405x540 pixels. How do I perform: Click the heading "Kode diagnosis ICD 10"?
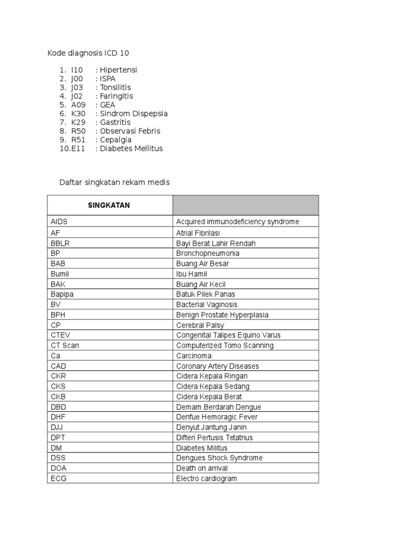(x=88, y=53)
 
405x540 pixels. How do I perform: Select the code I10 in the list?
(x=77, y=70)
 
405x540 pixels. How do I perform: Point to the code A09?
(x=78, y=104)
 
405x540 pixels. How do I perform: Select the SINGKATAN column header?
(x=109, y=205)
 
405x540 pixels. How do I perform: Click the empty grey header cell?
(x=245, y=205)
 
